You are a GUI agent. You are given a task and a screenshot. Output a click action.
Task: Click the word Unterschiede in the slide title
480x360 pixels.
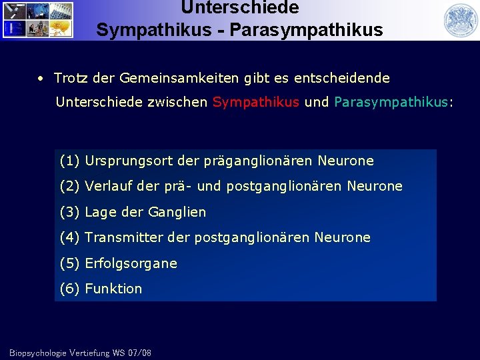click(x=239, y=8)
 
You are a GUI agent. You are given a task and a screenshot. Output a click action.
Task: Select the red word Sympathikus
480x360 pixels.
click(x=255, y=103)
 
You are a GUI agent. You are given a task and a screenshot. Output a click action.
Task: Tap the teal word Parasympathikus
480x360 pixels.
click(x=391, y=103)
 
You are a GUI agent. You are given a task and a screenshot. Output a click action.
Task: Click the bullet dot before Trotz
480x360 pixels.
click(x=41, y=79)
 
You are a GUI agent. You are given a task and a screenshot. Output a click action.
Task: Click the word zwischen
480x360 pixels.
click(x=181, y=103)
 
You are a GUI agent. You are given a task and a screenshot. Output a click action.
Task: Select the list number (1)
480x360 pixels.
click(x=70, y=161)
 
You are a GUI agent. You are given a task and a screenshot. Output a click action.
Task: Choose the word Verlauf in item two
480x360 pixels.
click(x=109, y=187)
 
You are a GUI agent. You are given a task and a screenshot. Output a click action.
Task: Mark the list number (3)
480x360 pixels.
click(x=70, y=212)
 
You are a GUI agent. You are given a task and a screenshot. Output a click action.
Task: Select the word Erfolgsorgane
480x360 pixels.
click(x=131, y=263)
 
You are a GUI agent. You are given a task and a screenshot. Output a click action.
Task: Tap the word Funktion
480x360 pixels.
click(x=113, y=289)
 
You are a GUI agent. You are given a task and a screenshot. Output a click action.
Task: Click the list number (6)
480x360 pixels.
click(x=70, y=289)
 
